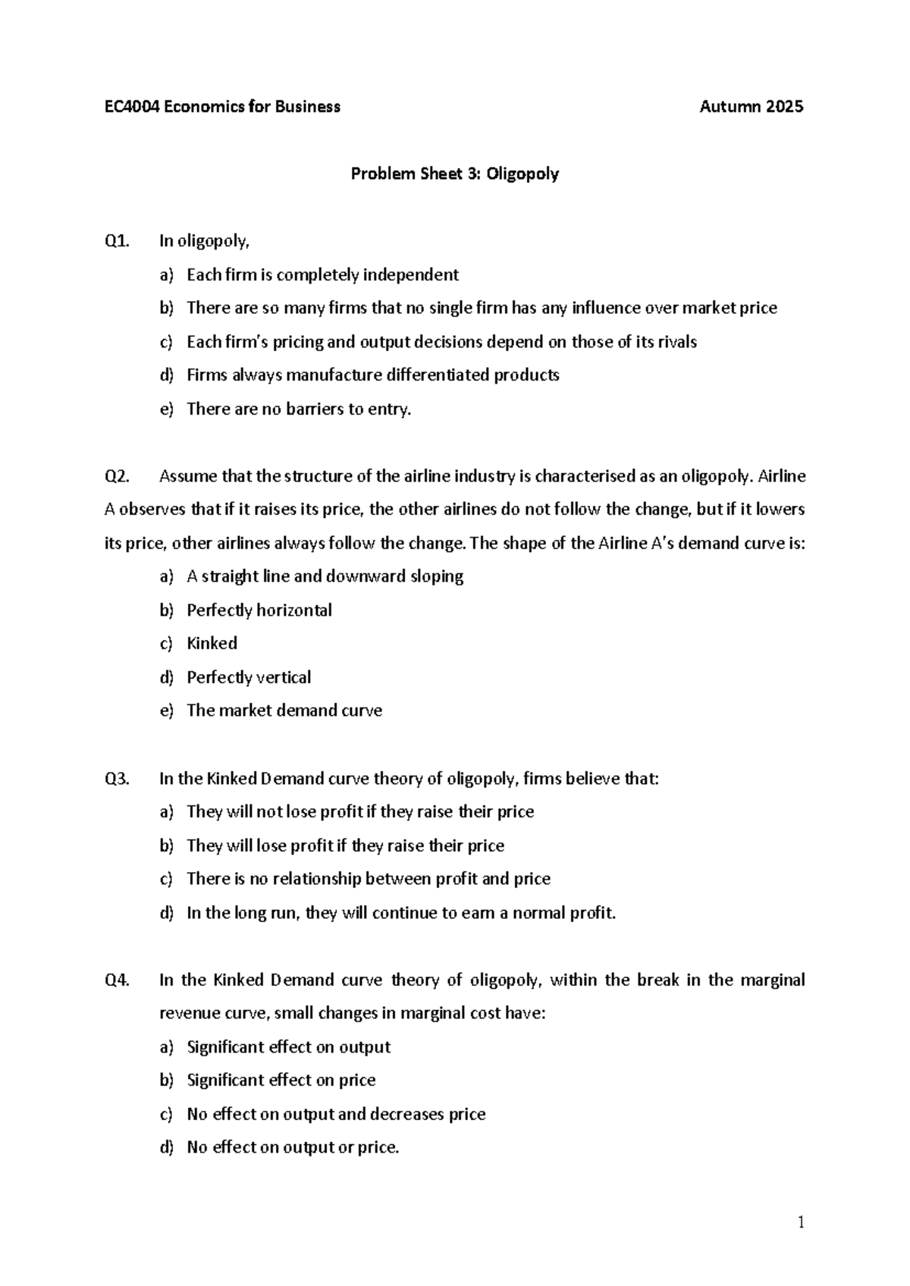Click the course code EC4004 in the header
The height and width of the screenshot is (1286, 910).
(x=130, y=107)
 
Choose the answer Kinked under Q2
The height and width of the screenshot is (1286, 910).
(x=212, y=644)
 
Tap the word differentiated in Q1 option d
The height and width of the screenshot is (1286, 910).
(x=438, y=375)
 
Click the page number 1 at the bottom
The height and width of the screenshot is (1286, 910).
(x=800, y=1222)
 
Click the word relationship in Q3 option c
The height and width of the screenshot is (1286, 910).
(x=316, y=879)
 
